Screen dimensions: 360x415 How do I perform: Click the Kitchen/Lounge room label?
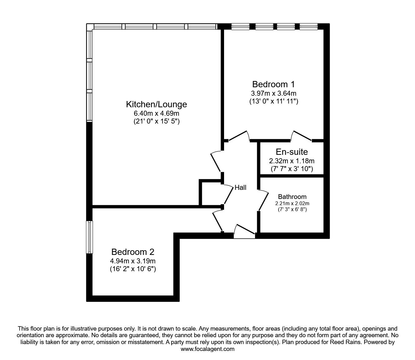pyautogui.click(x=156, y=104)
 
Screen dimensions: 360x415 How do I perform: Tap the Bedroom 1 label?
pyautogui.click(x=273, y=84)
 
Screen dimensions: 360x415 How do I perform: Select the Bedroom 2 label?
pyautogui.click(x=133, y=252)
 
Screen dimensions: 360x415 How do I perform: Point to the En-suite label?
pyautogui.click(x=292, y=152)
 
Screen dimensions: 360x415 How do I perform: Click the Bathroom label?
pyautogui.click(x=292, y=197)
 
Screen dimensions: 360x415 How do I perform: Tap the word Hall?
pyautogui.click(x=241, y=188)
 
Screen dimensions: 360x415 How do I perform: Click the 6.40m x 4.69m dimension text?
pyautogui.click(x=156, y=113)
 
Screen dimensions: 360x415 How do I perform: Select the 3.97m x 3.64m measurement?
pyautogui.click(x=273, y=93)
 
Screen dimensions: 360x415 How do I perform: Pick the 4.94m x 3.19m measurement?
pyautogui.click(x=133, y=261)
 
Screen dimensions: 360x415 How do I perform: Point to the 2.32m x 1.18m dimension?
pyautogui.click(x=292, y=161)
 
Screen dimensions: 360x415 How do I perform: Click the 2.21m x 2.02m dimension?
pyautogui.click(x=292, y=203)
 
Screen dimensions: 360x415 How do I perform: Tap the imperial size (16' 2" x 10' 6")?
pyautogui.click(x=133, y=269)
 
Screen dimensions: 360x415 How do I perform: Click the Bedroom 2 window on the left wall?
pyautogui.click(x=90, y=237)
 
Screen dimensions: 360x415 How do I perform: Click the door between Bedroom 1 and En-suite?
pyautogui.click(x=302, y=135)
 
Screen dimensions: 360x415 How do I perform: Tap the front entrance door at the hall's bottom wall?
pyautogui.click(x=245, y=231)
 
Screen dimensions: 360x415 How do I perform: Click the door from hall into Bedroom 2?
pyautogui.click(x=218, y=221)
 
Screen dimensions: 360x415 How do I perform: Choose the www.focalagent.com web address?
pyautogui.click(x=207, y=349)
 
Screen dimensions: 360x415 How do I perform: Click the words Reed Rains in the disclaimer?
pyautogui.click(x=342, y=342)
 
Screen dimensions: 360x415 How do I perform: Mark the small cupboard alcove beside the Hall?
pyautogui.click(x=211, y=193)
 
